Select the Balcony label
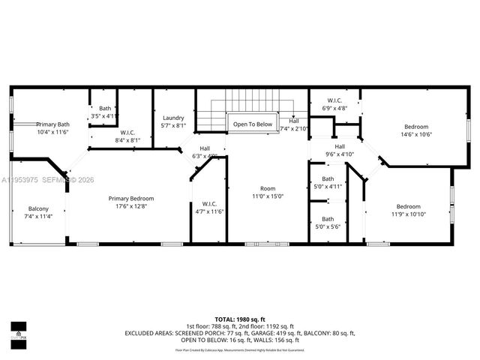[x=38, y=212]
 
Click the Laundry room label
[x=173, y=121]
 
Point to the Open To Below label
[x=252, y=124]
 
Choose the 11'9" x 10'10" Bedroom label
[x=408, y=210]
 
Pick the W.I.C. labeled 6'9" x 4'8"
[x=335, y=104]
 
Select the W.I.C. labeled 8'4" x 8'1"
[x=127, y=136]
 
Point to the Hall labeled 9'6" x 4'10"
[x=340, y=151]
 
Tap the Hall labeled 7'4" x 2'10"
[x=293, y=124]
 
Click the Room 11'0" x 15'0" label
[x=268, y=193]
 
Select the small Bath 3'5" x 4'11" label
[x=104, y=112]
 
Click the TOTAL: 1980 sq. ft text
[x=240, y=319]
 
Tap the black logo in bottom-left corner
[x=18, y=331]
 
